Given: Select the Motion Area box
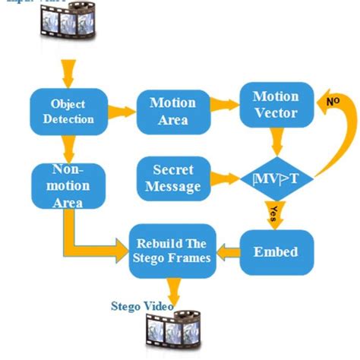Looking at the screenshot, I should (x=172, y=111).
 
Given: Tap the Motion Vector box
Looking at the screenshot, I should (x=275, y=105).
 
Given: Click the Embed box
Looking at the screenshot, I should (x=274, y=251).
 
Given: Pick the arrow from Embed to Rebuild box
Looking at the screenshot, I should (x=225, y=251).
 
